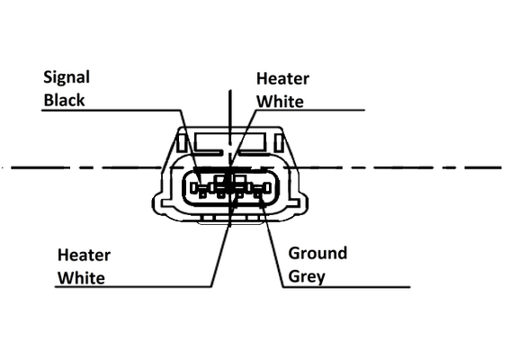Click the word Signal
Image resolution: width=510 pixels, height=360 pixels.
click(x=67, y=78)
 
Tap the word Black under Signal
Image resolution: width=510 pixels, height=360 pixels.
click(x=64, y=100)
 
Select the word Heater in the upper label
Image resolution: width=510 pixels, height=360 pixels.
click(x=282, y=78)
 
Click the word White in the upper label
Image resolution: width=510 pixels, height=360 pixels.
click(x=280, y=101)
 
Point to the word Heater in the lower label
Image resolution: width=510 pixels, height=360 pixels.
click(x=84, y=255)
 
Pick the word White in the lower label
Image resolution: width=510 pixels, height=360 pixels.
click(x=81, y=278)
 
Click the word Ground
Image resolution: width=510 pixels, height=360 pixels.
click(x=318, y=253)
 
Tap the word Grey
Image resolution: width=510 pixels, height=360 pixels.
click(x=307, y=276)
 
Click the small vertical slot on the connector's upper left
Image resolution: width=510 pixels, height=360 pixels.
click(x=182, y=143)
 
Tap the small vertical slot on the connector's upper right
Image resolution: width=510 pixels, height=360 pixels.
click(x=279, y=143)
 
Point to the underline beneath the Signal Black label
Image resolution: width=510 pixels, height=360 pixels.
click(x=111, y=111)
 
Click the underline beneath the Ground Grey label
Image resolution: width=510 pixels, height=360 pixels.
click(x=346, y=287)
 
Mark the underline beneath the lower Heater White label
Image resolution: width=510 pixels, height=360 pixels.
click(x=133, y=287)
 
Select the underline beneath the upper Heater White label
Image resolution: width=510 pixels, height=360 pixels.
click(x=310, y=110)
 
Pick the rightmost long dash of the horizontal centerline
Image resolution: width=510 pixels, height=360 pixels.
click(x=483, y=167)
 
